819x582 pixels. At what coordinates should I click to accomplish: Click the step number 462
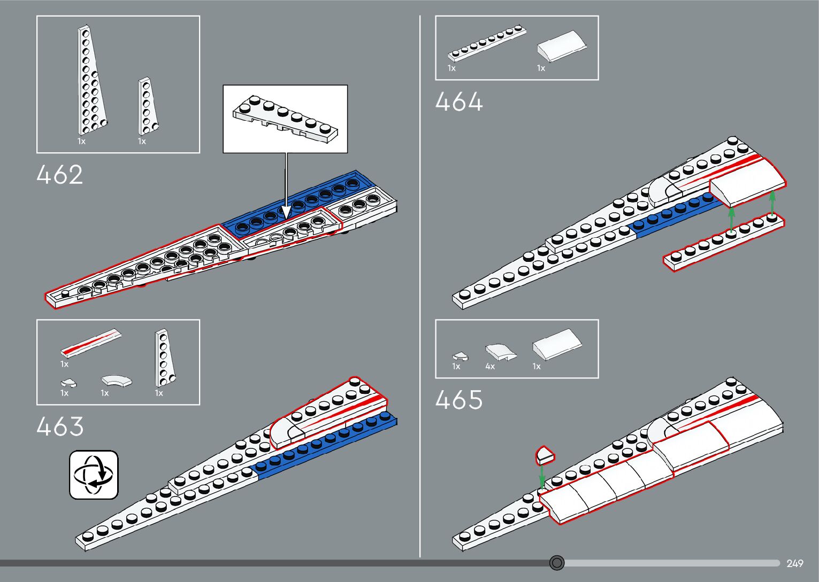click(x=60, y=175)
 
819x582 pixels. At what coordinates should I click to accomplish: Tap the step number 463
click(x=60, y=426)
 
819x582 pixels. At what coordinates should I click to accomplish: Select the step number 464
click(x=459, y=102)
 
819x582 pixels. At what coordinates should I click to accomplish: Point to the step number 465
click(x=459, y=400)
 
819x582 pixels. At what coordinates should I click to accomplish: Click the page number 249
click(x=795, y=563)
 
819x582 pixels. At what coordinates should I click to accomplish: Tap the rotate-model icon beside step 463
click(x=94, y=475)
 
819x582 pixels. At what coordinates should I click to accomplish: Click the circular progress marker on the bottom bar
click(x=557, y=563)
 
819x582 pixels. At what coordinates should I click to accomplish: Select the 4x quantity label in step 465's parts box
click(x=490, y=367)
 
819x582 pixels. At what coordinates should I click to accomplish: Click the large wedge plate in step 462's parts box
click(x=91, y=80)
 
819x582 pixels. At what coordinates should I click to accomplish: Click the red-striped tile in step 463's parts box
click(x=91, y=342)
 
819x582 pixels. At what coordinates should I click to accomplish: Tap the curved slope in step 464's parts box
click(x=562, y=45)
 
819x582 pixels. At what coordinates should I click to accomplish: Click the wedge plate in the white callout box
click(x=285, y=119)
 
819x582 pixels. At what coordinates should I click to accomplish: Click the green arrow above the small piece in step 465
click(x=542, y=475)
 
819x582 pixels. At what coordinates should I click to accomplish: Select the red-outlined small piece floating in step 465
click(x=545, y=455)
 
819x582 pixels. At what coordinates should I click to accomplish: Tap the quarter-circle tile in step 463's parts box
click(x=117, y=381)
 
